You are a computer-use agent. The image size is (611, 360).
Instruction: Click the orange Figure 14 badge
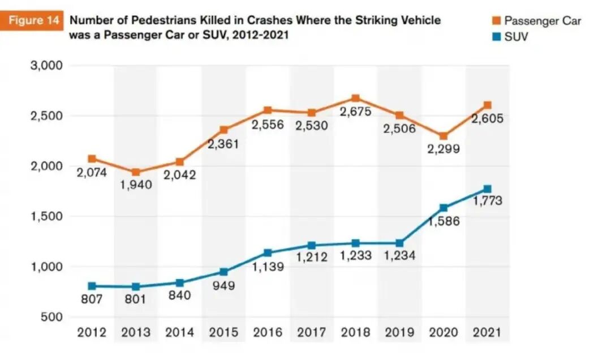point(33,22)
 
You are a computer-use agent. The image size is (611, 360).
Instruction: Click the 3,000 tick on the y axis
point(46,66)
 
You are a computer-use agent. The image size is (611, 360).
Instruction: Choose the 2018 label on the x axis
point(355,333)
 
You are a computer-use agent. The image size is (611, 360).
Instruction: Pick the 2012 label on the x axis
point(92,333)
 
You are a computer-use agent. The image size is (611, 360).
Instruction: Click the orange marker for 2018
point(355,98)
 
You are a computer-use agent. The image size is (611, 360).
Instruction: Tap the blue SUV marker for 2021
point(487,189)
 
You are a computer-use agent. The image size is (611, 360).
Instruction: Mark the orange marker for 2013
point(136,172)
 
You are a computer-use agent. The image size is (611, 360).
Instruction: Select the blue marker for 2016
point(268,253)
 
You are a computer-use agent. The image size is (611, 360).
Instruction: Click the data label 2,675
point(355,112)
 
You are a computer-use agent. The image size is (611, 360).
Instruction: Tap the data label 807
point(92,299)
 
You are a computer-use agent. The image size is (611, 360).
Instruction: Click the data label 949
point(223,285)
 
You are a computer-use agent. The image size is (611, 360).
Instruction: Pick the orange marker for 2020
point(443,136)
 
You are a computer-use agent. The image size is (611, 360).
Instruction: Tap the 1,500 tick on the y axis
point(46,216)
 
